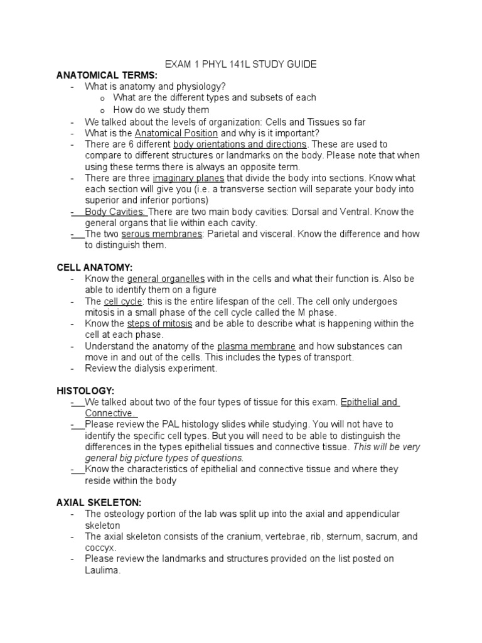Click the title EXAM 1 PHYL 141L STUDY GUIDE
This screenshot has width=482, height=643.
pos(240,64)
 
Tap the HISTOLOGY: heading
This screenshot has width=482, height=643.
pos(85,391)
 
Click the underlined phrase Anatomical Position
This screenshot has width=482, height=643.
pos(176,133)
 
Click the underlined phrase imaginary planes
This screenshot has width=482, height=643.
pos(188,178)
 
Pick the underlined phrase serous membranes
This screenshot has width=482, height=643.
pos(162,234)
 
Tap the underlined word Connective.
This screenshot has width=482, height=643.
pos(111,413)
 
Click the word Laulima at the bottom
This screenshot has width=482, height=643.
pos(102,570)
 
